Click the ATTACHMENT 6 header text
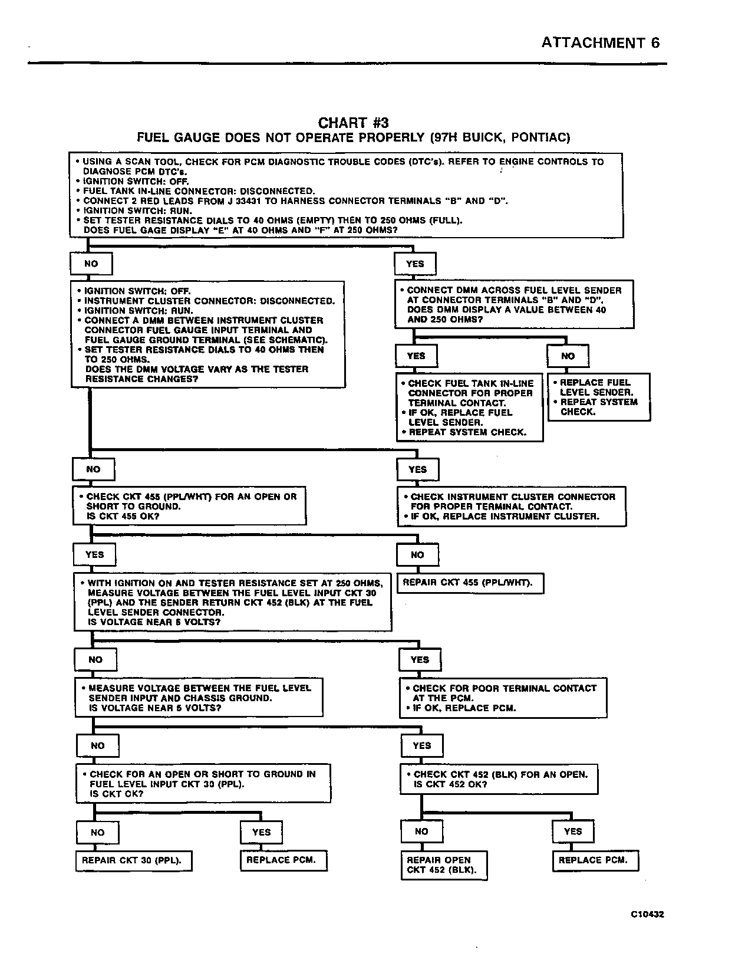[x=600, y=42]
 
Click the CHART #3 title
[x=353, y=123]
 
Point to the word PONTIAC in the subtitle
[x=540, y=138]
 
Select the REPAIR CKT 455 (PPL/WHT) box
[x=469, y=583]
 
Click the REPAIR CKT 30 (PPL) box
[x=134, y=861]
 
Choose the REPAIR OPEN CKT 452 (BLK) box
[x=444, y=865]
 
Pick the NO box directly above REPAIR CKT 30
[x=98, y=833]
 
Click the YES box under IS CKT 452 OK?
[x=572, y=832]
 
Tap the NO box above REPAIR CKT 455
[x=417, y=555]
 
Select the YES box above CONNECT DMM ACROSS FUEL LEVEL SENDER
[x=415, y=264]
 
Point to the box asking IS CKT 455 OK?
[x=189, y=506]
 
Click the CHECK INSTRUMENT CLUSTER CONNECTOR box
[x=511, y=507]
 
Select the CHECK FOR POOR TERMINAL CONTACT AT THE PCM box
[x=503, y=698]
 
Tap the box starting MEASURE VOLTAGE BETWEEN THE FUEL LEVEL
[x=199, y=698]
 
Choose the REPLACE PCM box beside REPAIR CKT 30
[x=283, y=860]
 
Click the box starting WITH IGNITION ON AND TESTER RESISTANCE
[x=232, y=602]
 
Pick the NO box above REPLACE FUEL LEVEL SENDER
[x=568, y=356]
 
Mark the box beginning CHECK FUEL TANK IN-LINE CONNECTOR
[x=469, y=408]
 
